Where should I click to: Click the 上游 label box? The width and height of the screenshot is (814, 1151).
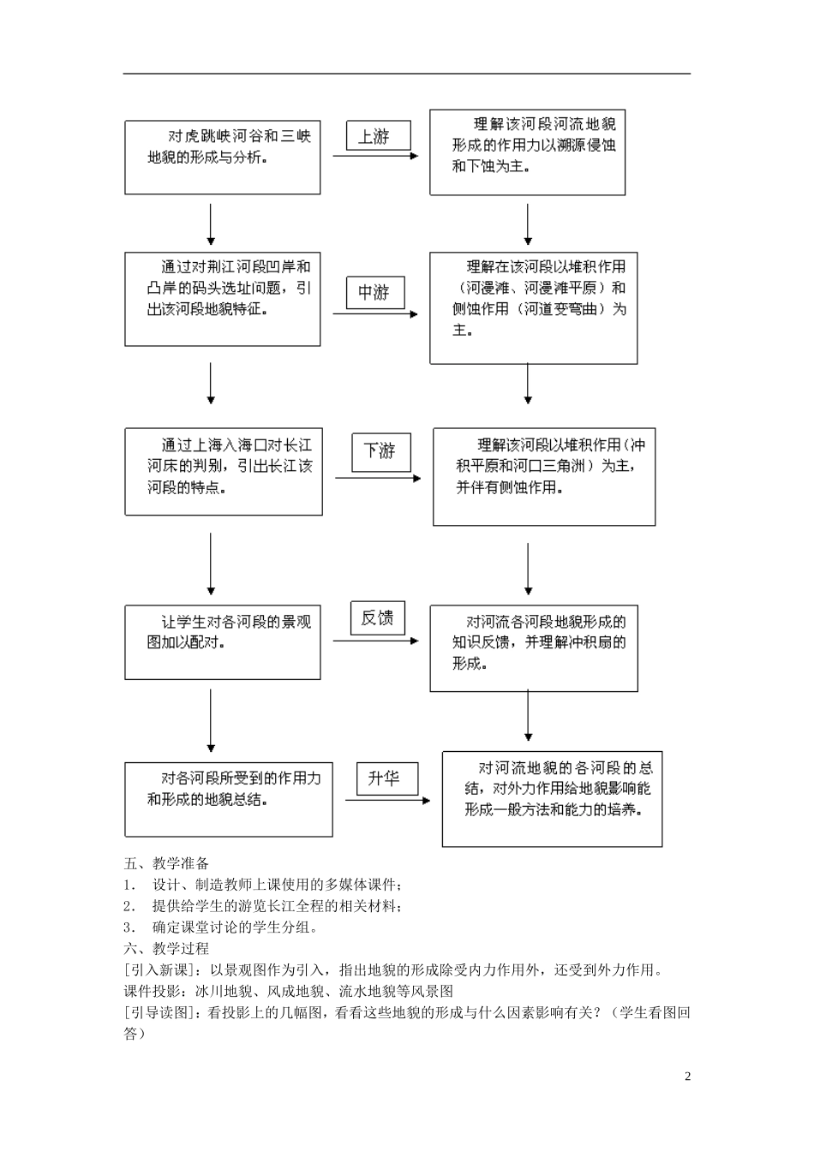pos(378,135)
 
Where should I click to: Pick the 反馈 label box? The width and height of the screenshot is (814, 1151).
pos(377,617)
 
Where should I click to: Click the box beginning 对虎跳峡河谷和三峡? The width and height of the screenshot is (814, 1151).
pos(223,157)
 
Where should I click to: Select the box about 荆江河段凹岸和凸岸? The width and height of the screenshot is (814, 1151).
pos(223,299)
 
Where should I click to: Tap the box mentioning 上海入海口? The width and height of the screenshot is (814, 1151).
pos(224,472)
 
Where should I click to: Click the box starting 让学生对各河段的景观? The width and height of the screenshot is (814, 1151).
pos(223,642)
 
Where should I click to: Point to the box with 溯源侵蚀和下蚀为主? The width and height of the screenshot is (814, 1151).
pos(527,152)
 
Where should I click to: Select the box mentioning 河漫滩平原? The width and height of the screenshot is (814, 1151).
pos(533,308)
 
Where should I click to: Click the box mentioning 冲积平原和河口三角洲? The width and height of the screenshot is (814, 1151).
pos(544,476)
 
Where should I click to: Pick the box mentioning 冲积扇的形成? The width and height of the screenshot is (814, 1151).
pos(533,648)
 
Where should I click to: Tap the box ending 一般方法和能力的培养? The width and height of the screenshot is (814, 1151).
pos(552,798)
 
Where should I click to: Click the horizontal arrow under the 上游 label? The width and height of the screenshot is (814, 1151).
pos(374,156)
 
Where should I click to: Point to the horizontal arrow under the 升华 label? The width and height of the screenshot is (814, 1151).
pos(387,801)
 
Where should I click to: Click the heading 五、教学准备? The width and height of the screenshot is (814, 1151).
pos(166,863)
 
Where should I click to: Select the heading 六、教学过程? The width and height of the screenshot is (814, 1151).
pos(166,948)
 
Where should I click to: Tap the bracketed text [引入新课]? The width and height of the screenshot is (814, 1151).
pos(154,969)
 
